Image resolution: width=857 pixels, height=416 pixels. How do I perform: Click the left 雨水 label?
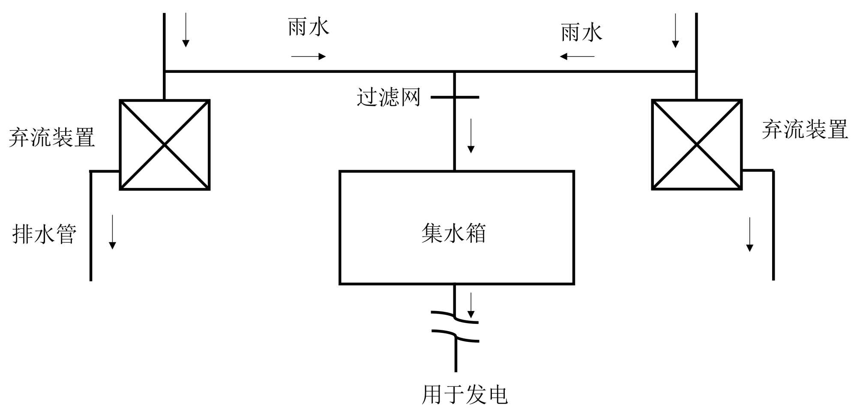tap(309, 27)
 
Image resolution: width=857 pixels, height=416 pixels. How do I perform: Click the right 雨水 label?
tap(581, 33)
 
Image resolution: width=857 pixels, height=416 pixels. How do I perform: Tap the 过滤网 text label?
tap(388, 97)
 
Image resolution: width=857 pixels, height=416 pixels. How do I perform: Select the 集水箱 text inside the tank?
tap(453, 233)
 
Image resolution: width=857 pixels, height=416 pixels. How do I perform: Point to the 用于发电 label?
tap(464, 395)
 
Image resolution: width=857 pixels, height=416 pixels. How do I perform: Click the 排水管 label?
tap(45, 234)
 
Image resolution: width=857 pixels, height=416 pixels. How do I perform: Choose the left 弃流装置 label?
tap(52, 137)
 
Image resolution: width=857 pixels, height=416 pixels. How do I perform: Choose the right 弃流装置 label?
tap(805, 129)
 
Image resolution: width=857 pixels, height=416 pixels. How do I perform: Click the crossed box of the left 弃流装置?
tap(165, 145)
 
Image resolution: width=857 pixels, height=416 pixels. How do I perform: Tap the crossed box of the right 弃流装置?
tap(697, 145)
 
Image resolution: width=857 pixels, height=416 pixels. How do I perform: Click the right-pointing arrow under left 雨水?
tap(309, 56)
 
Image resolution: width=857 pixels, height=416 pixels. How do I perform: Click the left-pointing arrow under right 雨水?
tap(577, 56)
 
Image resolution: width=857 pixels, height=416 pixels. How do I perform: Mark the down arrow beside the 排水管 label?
tap(112, 232)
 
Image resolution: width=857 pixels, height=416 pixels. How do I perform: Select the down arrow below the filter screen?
tap(471, 136)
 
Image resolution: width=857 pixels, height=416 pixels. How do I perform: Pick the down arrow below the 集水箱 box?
tap(471, 305)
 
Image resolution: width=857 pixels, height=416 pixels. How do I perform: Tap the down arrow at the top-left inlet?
tap(186, 30)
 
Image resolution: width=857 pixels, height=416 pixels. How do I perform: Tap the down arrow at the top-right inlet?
tap(675, 30)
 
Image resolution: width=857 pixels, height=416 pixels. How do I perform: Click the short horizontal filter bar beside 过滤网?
tap(455, 97)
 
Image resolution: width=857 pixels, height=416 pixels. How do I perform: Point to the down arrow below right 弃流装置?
tap(749, 234)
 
